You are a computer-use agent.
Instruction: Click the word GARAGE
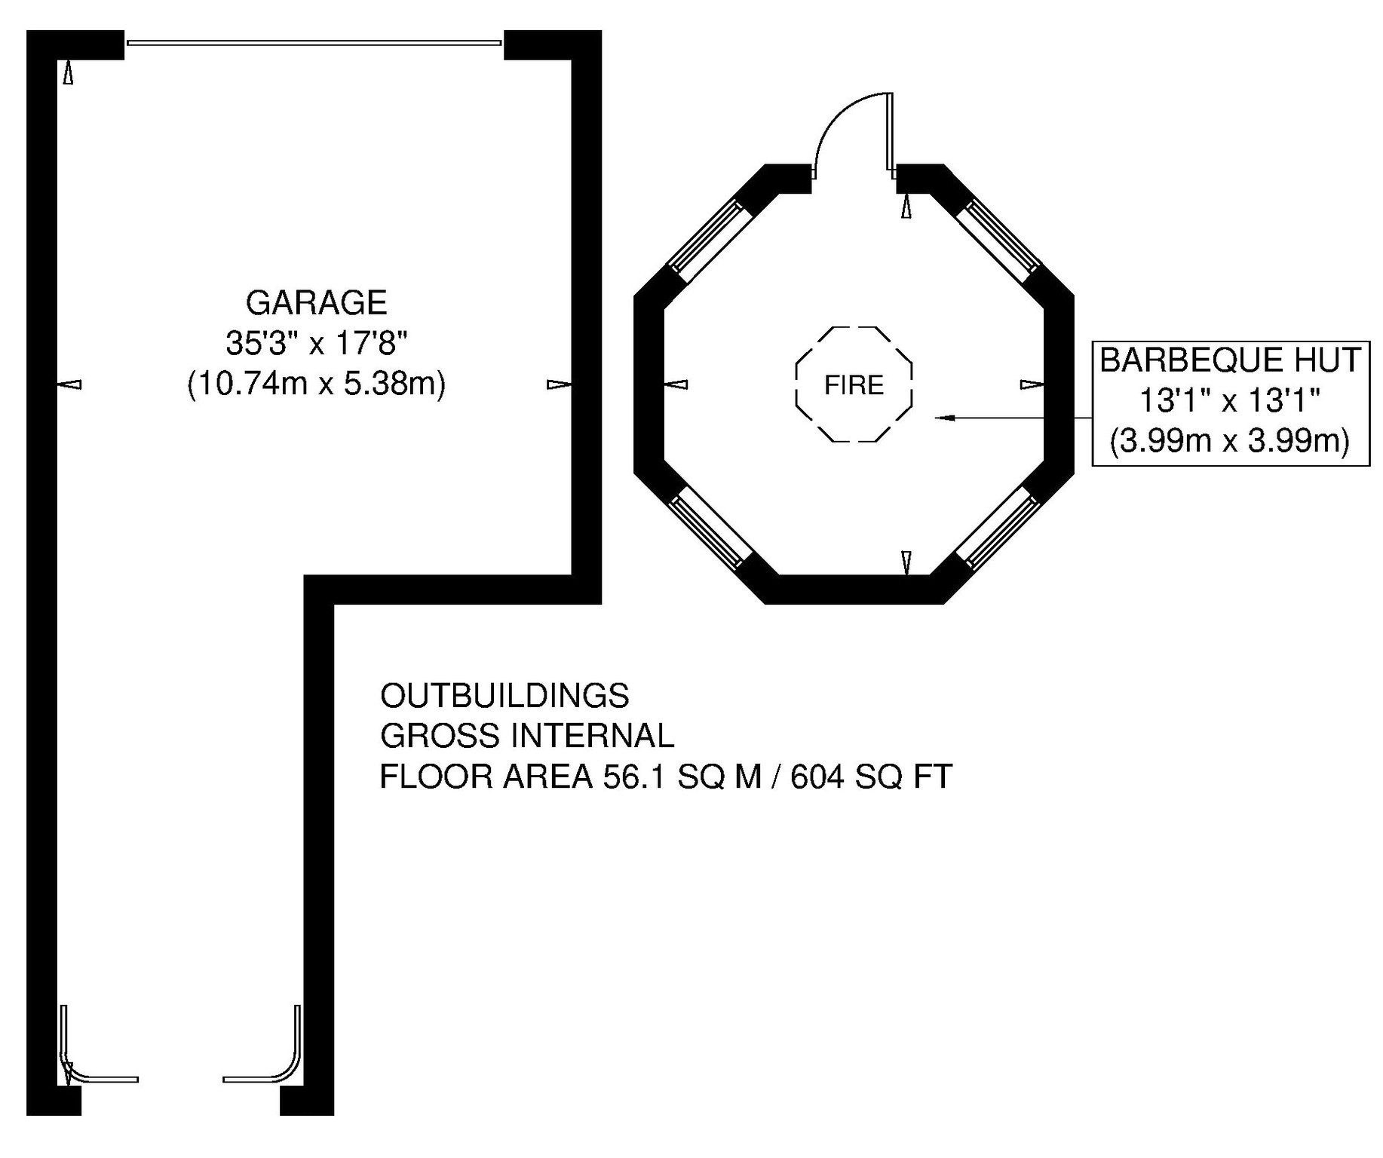click(x=316, y=302)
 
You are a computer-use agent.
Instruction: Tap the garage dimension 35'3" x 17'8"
click(x=317, y=344)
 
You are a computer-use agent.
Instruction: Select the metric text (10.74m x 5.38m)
click(x=317, y=384)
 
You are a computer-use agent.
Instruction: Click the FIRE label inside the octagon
click(x=854, y=385)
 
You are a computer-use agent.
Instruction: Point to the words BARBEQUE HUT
click(x=1231, y=360)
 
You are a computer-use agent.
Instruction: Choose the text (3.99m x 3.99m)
click(x=1231, y=441)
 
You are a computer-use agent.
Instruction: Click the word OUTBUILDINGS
click(x=504, y=695)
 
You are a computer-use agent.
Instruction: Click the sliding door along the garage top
click(x=314, y=43)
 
